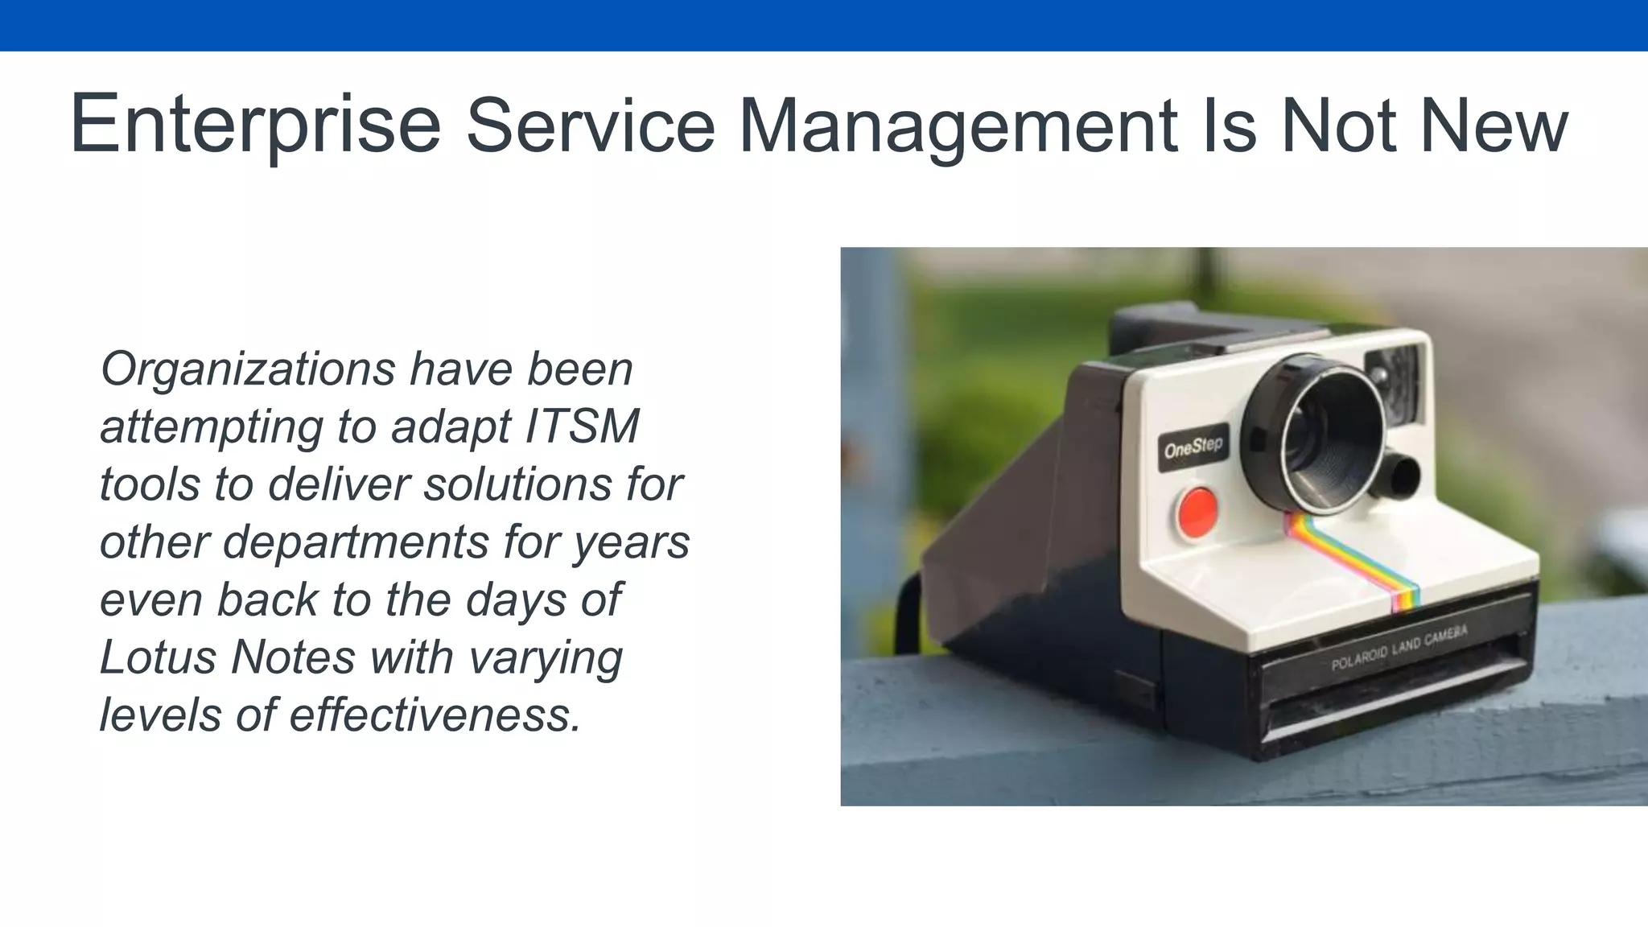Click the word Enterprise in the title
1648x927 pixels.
tap(255, 126)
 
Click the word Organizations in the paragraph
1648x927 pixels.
tap(248, 370)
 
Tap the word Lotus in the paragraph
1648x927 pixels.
tap(159, 657)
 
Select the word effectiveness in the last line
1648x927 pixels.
tap(435, 715)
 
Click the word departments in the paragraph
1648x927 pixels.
tap(355, 542)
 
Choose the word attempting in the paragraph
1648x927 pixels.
tap(211, 427)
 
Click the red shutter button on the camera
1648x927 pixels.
tap(1197, 512)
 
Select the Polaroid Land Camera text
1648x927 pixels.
tap(1399, 649)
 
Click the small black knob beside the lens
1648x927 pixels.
tap(1403, 476)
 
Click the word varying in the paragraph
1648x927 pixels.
tap(545, 658)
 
